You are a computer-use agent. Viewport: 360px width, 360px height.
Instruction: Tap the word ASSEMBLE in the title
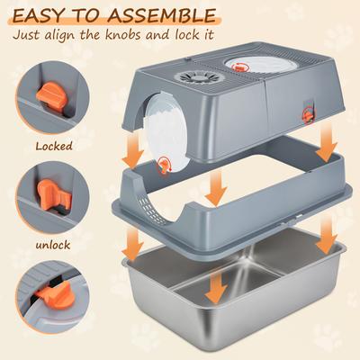pyautogui.click(x=160, y=16)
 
